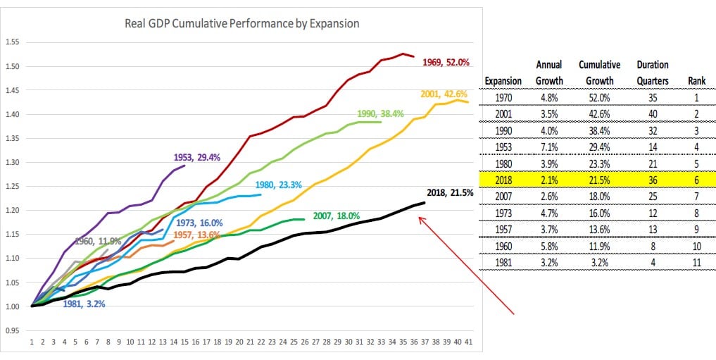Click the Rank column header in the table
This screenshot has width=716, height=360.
(x=696, y=81)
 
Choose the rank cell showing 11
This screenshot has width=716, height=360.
(x=696, y=264)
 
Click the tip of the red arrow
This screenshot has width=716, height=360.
(x=419, y=216)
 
